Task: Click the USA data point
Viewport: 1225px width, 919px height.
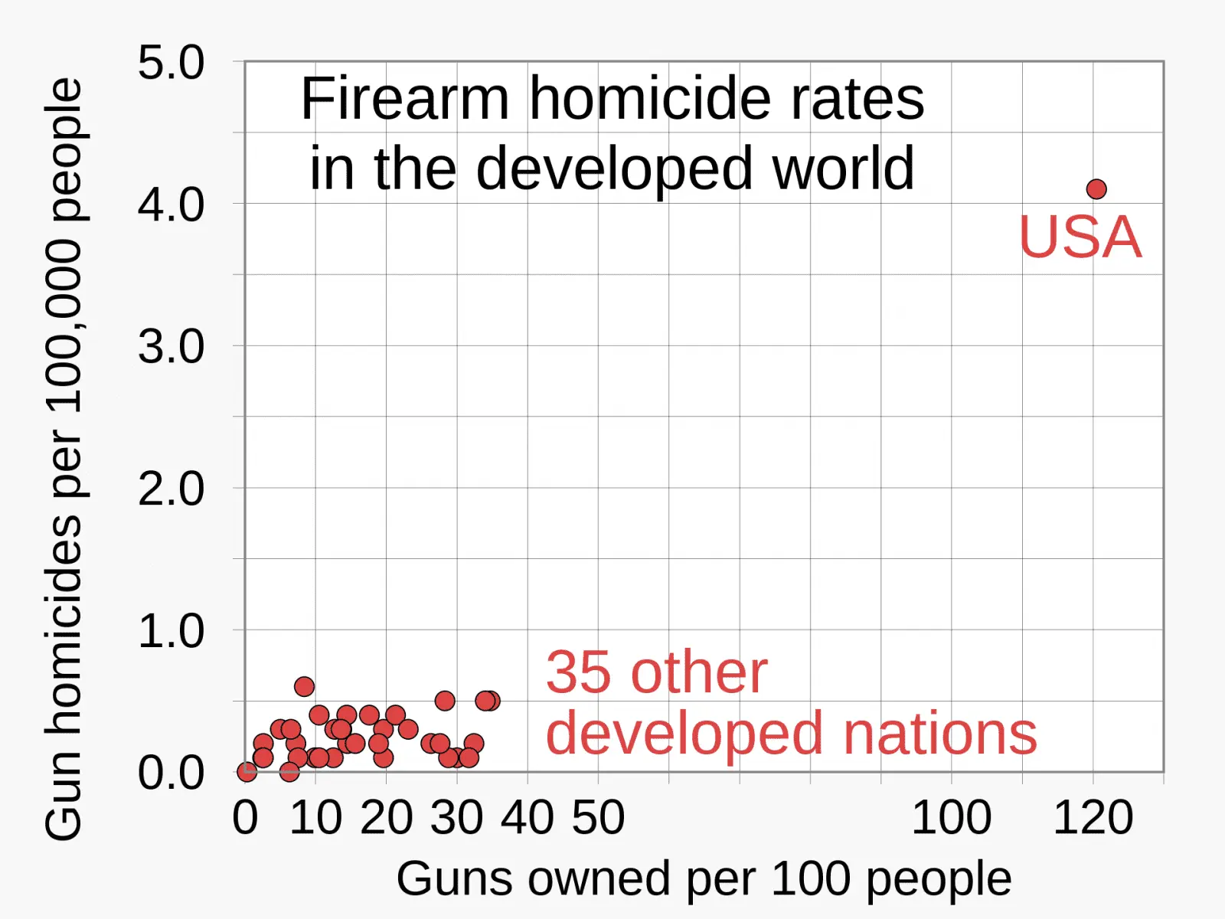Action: click(x=1096, y=188)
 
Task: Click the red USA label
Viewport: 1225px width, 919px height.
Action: click(x=1080, y=237)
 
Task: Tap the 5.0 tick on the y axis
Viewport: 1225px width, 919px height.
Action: click(x=171, y=63)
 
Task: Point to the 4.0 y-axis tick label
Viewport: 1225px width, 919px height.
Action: click(x=171, y=205)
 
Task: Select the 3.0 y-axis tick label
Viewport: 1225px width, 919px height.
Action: click(x=171, y=347)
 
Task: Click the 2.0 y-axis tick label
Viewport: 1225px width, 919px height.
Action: click(x=171, y=489)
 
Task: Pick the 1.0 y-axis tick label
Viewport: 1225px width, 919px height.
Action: click(x=171, y=631)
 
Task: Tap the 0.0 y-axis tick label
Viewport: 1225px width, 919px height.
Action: click(x=171, y=773)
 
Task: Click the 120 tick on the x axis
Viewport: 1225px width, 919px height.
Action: click(x=1093, y=818)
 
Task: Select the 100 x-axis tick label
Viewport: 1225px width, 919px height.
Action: click(x=951, y=818)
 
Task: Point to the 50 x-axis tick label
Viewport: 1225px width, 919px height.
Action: click(x=598, y=818)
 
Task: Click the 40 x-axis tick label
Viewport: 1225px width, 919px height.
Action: click(x=528, y=818)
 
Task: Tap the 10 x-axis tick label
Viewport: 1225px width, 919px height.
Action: click(x=315, y=818)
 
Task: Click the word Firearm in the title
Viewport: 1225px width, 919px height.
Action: click(x=405, y=99)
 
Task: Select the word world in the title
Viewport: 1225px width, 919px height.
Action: click(x=843, y=168)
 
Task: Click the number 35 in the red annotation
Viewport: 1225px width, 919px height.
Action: click(x=578, y=673)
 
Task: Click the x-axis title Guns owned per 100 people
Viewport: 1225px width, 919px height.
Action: click(x=704, y=878)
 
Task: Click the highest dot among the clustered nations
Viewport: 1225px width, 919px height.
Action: click(x=304, y=686)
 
